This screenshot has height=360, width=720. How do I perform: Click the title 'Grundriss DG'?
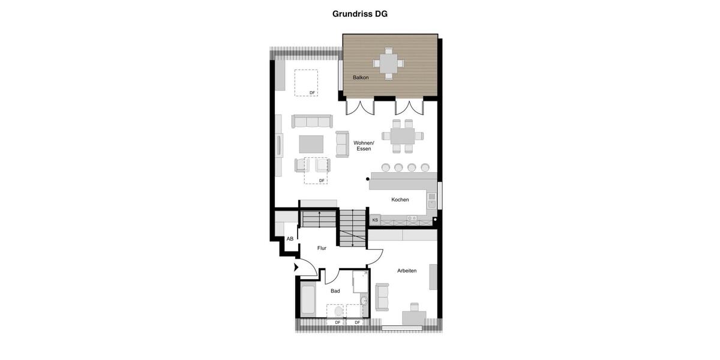[360, 14]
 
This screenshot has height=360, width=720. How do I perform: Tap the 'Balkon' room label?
[361, 77]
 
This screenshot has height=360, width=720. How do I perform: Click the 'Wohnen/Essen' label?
[364, 146]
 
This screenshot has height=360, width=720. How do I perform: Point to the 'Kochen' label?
[400, 200]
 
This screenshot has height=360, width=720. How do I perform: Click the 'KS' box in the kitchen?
[375, 220]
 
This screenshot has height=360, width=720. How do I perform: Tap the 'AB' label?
[290, 239]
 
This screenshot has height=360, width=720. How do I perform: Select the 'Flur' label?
[322, 248]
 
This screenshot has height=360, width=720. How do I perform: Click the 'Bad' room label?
[335, 291]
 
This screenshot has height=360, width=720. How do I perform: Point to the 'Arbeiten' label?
[407, 271]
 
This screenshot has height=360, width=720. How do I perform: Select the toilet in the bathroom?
[338, 310]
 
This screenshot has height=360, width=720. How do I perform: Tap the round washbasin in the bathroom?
[364, 301]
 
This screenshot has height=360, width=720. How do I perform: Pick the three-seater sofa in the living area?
[312, 121]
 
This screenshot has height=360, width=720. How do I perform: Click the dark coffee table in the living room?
[311, 144]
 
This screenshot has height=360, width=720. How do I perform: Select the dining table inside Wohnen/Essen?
[403, 136]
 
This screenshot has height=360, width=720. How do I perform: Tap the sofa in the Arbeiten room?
[382, 297]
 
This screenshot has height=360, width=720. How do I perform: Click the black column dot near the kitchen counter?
[368, 179]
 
